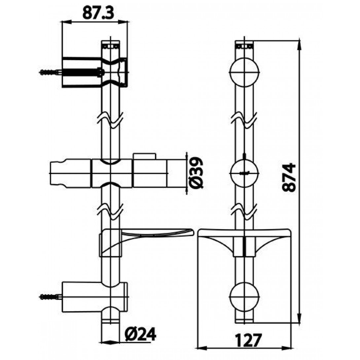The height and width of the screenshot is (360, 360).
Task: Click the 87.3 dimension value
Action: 98,13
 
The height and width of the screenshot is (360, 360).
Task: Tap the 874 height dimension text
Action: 289,177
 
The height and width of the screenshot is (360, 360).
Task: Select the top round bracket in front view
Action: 244,72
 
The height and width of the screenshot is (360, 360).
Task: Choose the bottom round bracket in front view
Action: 244,297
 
